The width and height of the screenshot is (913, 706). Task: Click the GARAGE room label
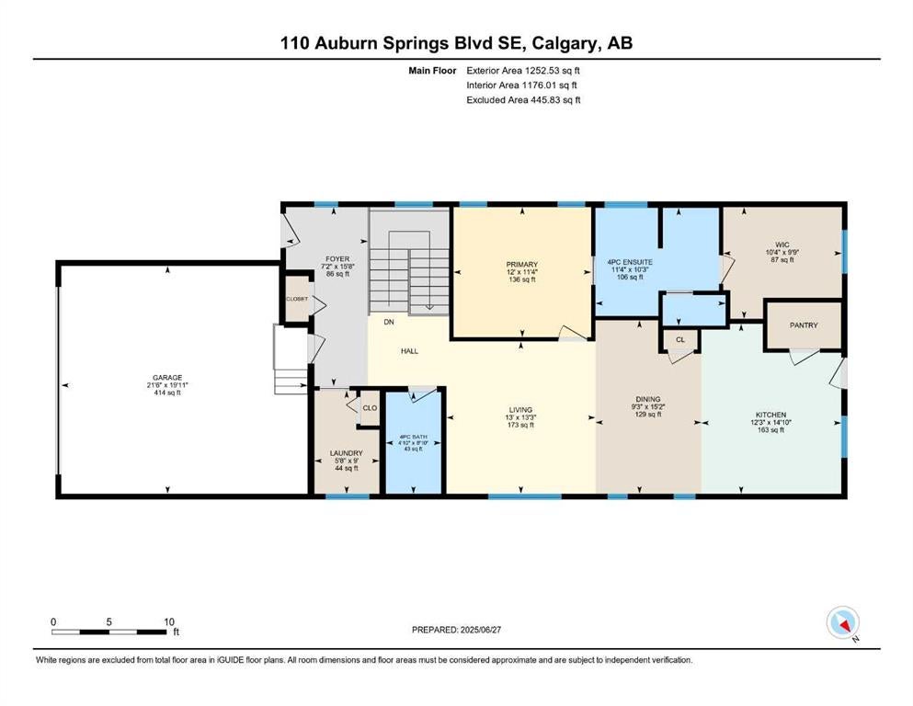tap(167, 378)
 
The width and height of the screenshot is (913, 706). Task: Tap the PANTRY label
tap(804, 325)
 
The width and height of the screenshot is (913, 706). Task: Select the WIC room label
tap(782, 245)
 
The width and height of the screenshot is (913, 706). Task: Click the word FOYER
tap(337, 259)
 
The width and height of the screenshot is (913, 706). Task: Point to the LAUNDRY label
tap(347, 453)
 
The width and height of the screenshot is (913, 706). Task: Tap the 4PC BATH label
tap(414, 437)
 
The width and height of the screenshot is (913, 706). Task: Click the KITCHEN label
tap(770, 415)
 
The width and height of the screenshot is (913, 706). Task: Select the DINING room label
tap(648, 399)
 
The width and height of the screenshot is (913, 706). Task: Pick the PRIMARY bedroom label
tap(521, 264)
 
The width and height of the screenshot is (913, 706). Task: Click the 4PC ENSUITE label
tap(630, 263)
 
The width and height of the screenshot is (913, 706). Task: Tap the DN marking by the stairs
tap(389, 322)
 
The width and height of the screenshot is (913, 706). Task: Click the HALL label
tap(409, 351)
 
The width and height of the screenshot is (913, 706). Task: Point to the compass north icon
tap(843, 622)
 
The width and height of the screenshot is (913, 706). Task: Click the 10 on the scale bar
tap(169, 621)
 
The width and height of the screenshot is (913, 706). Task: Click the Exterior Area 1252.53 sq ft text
tap(523, 71)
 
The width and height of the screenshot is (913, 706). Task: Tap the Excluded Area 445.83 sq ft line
tap(523, 100)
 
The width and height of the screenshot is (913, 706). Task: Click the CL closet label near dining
tap(680, 339)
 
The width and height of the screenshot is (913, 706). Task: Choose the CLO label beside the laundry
tap(370, 408)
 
